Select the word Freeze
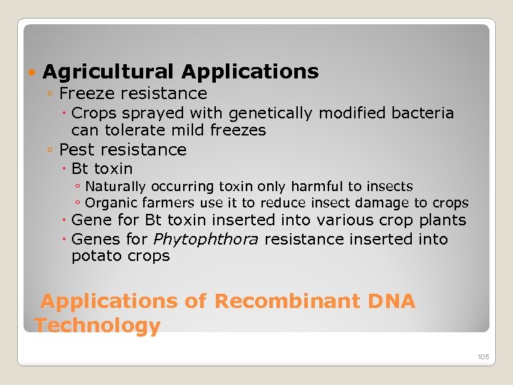point(88,93)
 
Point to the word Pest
point(76,150)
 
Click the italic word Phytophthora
point(206,240)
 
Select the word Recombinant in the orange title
point(287,301)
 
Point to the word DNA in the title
point(391,301)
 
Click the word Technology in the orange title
point(98,326)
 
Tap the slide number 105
point(484,356)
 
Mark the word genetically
point(265,113)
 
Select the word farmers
point(170,203)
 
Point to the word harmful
point(306,187)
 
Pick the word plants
point(442,221)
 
